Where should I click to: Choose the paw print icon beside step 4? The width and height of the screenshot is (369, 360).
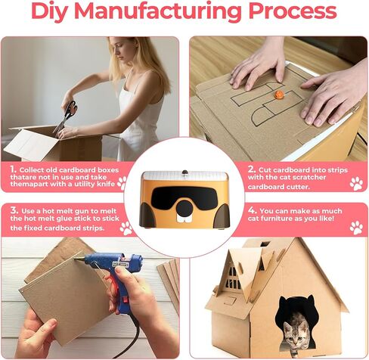pyautogui.click(x=356, y=227)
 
